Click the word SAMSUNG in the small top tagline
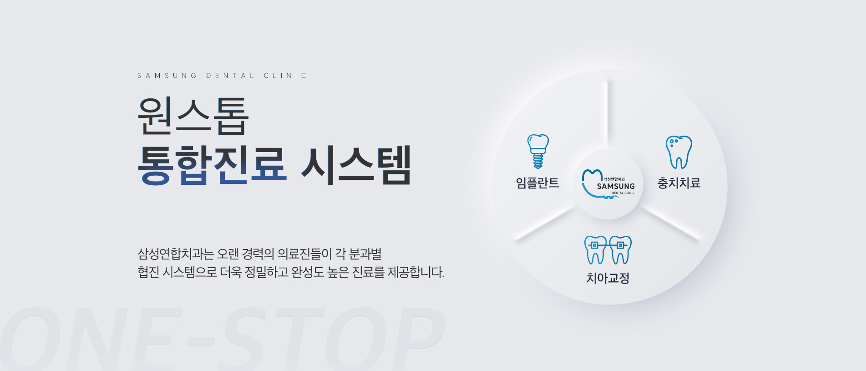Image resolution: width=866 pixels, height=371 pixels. point(167,76)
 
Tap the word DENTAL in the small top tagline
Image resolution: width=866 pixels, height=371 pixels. point(230,76)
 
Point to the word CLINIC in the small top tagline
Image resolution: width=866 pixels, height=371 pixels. point(285,76)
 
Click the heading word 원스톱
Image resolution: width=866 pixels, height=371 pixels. point(193,116)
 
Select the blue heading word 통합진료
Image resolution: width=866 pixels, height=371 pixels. point(212,165)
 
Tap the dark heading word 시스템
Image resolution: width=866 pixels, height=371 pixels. point(356,165)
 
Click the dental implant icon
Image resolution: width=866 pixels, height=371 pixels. point(538,151)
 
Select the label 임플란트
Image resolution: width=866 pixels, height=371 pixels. point(537,183)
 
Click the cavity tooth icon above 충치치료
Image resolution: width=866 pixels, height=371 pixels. point(679,152)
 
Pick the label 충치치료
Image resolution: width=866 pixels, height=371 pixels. point(679,183)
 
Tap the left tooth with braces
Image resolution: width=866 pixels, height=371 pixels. point(595,250)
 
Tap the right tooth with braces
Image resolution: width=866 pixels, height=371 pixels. point(620,250)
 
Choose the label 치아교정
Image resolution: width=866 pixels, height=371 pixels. point(608,278)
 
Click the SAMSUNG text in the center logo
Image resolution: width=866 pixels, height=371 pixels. point(616,186)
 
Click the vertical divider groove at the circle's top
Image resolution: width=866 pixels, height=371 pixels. point(608,112)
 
